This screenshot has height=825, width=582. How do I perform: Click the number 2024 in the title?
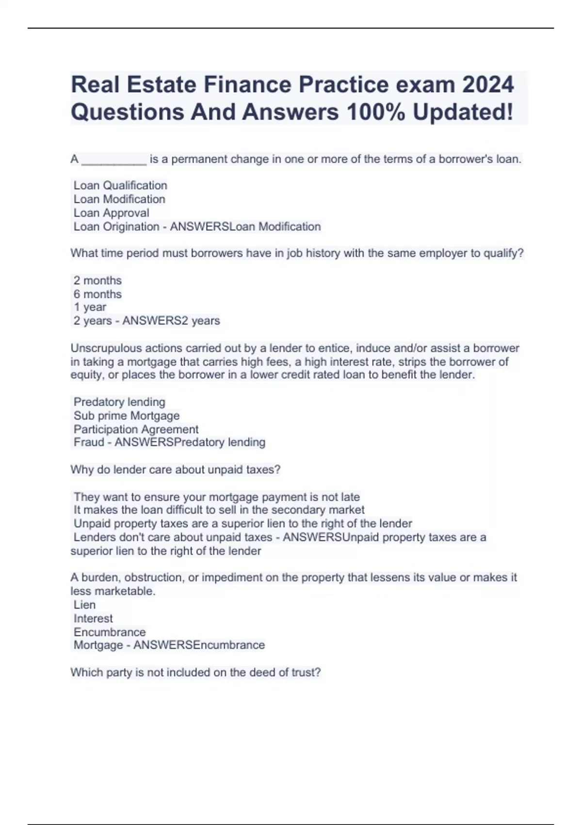[487, 85]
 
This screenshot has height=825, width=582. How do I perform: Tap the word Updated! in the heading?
[463, 112]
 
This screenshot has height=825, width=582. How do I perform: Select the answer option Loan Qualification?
[120, 185]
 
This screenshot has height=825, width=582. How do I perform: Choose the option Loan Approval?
[112, 213]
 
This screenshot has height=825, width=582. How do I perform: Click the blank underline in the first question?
[114, 160]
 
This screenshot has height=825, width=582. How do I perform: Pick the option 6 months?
[97, 294]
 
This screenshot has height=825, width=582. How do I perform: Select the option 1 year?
[90, 307]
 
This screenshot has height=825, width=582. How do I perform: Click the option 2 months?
[97, 280]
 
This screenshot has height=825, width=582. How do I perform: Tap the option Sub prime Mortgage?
[127, 416]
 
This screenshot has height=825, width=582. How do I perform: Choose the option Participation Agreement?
[136, 429]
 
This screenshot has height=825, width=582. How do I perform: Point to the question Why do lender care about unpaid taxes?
[175, 470]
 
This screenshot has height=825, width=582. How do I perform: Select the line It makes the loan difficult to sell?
[219, 510]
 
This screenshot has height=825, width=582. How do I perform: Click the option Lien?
[84, 605]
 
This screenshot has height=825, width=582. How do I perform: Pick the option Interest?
[93, 619]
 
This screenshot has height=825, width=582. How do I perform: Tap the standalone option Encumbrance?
[110, 632]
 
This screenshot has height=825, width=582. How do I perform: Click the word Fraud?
[89, 443]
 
